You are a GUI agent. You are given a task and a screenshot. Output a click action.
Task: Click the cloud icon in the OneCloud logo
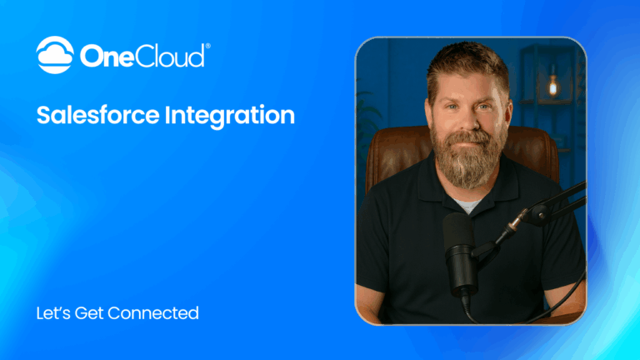pyautogui.click(x=55, y=55)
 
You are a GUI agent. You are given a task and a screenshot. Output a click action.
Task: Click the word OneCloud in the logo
pyautogui.click(x=141, y=57)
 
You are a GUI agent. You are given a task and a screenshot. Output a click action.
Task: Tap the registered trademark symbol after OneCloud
pyautogui.click(x=207, y=47)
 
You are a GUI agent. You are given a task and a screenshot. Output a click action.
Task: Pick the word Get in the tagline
pyautogui.click(x=91, y=313)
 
